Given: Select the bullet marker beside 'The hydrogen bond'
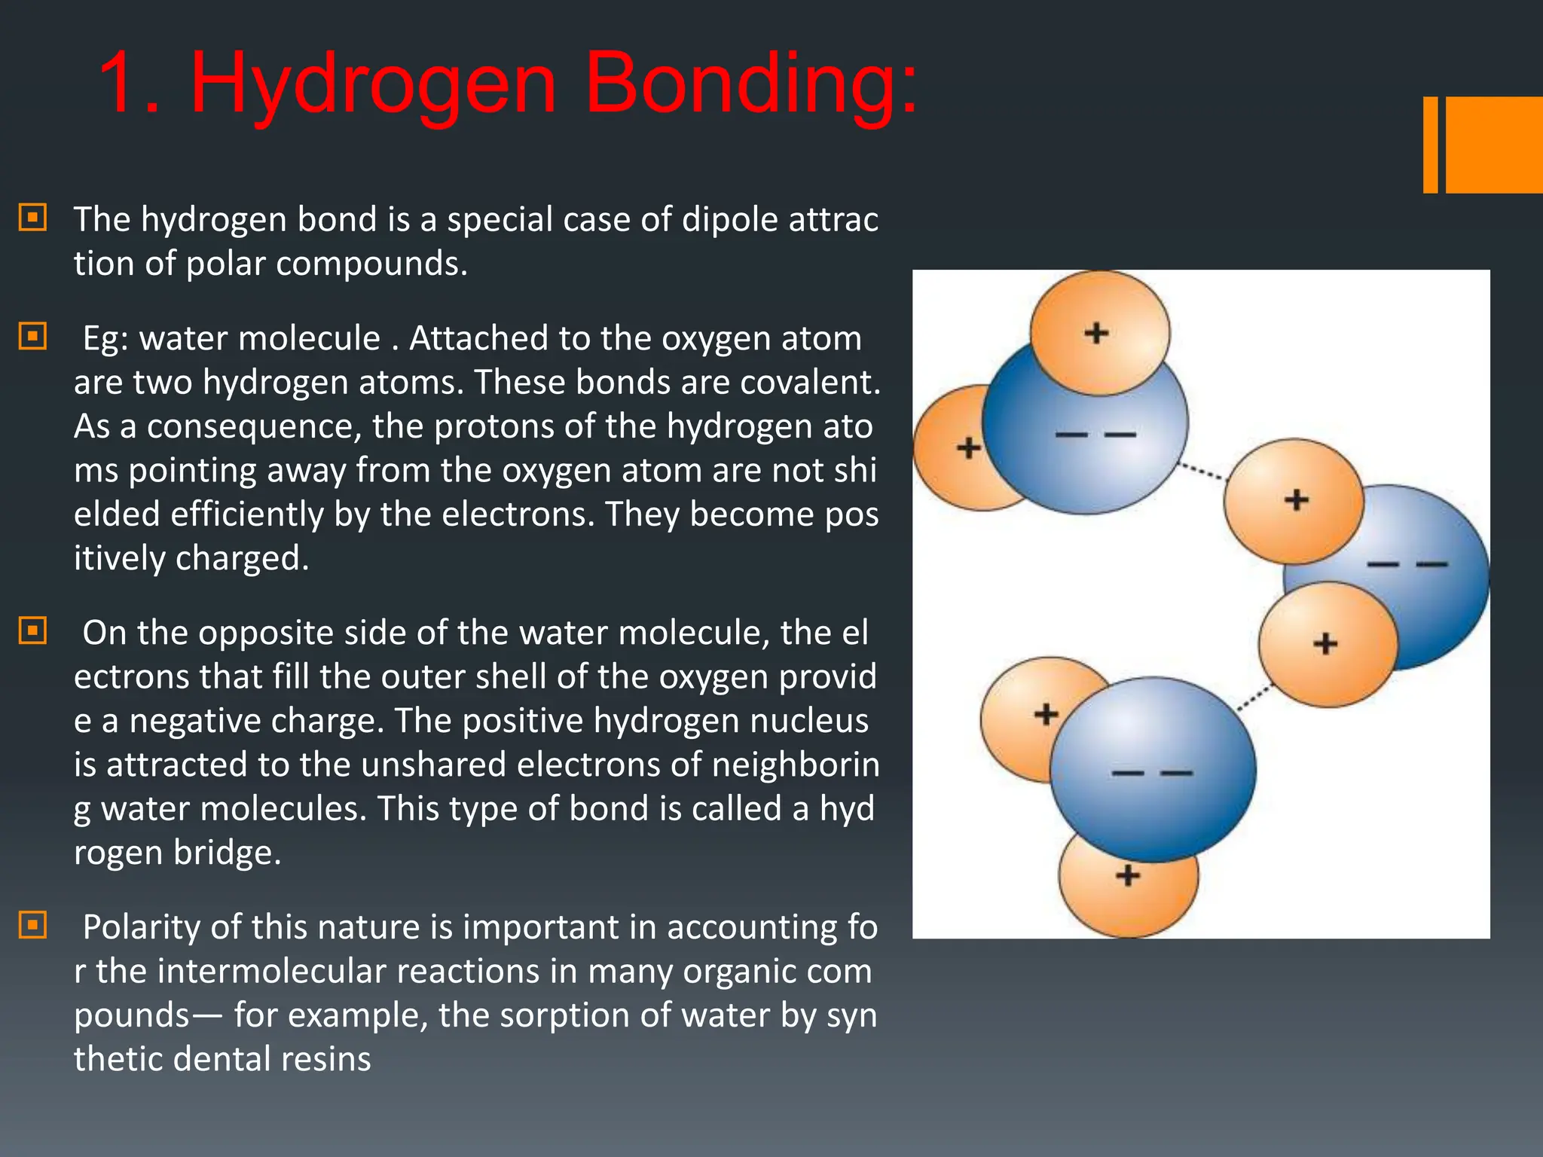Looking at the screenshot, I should click(32, 218).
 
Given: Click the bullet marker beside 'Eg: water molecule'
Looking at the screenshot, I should click(32, 336).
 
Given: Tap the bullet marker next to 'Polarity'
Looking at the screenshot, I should click(32, 925).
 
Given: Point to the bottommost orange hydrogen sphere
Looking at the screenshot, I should click(1128, 896).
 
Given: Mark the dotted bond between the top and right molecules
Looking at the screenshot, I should click(1203, 472).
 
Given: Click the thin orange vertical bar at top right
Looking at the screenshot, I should click(1430, 145).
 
